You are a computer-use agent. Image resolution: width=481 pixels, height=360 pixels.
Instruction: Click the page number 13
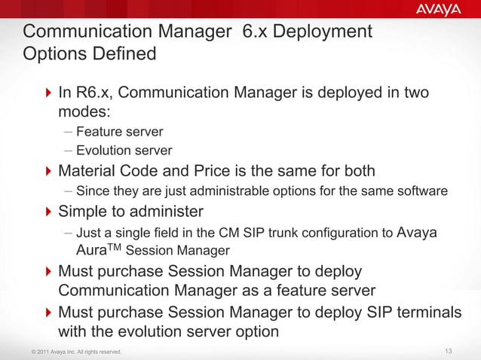449,351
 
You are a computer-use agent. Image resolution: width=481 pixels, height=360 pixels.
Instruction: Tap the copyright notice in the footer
72,352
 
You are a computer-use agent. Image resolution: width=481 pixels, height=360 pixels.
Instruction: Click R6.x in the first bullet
95,93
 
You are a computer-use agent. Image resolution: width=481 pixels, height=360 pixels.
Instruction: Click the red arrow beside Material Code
49,171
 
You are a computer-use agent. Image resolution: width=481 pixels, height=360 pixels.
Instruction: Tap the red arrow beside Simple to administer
49,211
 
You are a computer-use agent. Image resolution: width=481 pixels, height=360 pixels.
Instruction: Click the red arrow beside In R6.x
49,94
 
